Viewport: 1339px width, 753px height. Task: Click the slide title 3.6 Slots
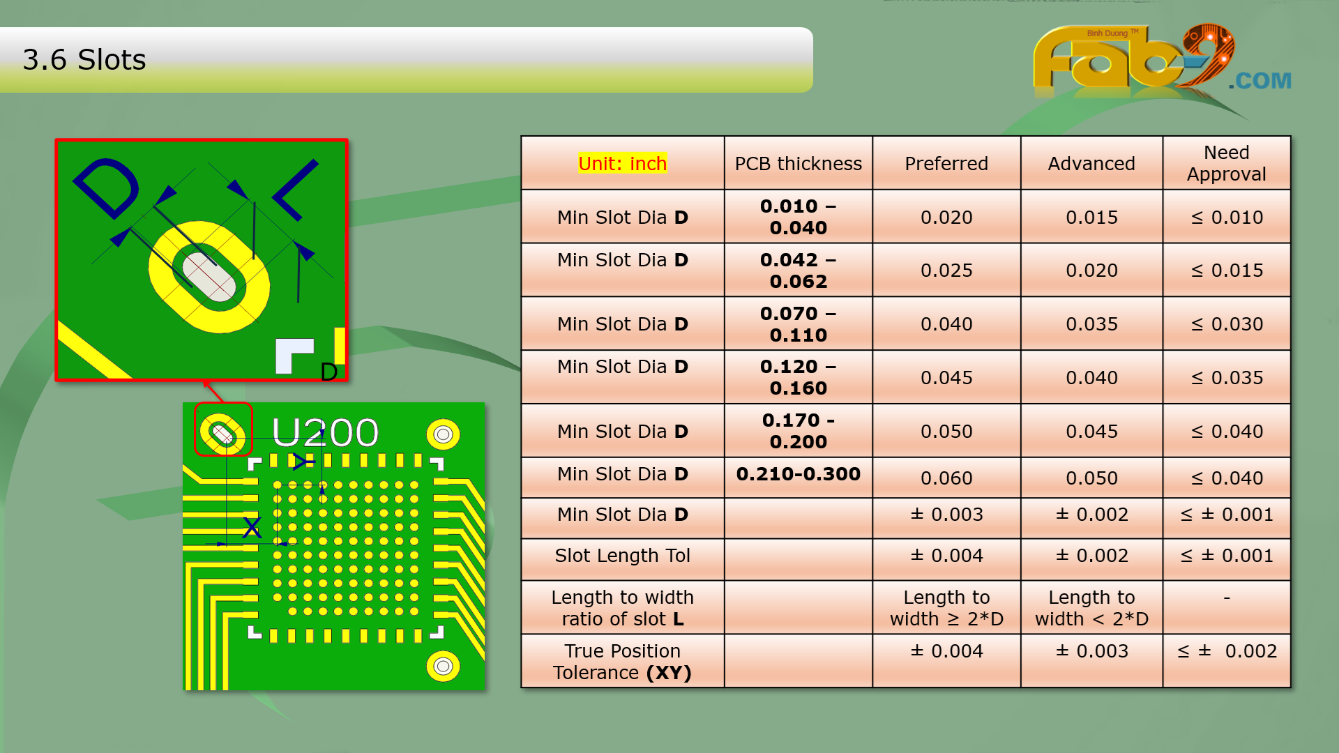point(84,60)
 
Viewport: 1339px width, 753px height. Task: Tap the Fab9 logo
point(1161,59)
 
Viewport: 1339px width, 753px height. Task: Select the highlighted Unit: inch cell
point(623,163)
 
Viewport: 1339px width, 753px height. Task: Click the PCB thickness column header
point(799,163)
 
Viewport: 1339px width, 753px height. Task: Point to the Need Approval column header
point(1227,163)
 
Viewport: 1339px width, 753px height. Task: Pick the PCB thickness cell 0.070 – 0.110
point(799,324)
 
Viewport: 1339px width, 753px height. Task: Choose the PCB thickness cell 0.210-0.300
point(799,474)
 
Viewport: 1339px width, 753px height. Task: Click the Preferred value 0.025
point(946,271)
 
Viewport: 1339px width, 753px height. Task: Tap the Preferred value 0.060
point(946,478)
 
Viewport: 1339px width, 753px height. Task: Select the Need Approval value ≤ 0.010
point(1227,218)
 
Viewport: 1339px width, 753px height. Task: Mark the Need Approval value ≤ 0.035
point(1227,378)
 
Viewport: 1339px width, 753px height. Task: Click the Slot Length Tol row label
point(623,556)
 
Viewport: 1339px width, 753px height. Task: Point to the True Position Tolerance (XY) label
point(623,662)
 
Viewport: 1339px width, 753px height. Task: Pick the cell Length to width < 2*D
point(1091,608)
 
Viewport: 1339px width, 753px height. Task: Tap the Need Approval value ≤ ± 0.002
point(1227,651)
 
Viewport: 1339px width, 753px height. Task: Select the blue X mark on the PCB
point(252,527)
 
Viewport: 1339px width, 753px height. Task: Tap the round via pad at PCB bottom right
point(443,667)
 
